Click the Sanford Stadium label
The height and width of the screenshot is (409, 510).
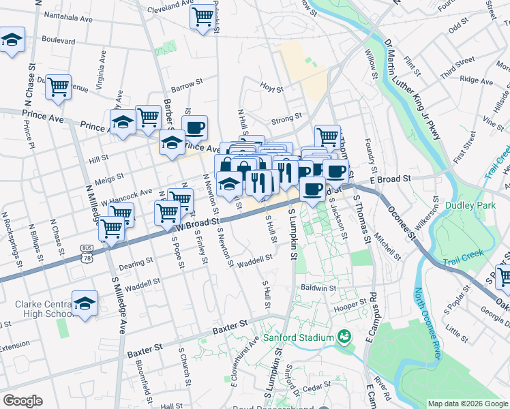tap(297, 337)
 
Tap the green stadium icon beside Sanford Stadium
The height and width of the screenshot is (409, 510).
tap(344, 337)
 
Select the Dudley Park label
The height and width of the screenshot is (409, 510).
tap(464, 205)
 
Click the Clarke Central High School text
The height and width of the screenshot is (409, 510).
tap(35, 309)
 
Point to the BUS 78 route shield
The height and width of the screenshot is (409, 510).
tap(86, 254)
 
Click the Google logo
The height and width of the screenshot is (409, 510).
tap(22, 401)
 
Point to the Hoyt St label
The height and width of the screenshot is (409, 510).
tap(272, 86)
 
